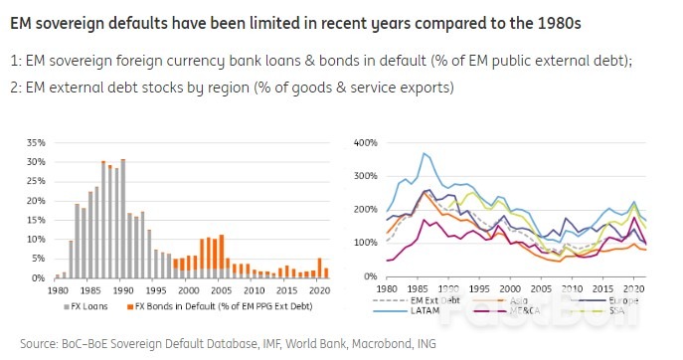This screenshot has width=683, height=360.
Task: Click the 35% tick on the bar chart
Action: [35, 141]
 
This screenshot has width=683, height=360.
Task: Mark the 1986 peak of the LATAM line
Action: [424, 153]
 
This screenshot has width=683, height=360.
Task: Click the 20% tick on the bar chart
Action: [35, 199]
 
